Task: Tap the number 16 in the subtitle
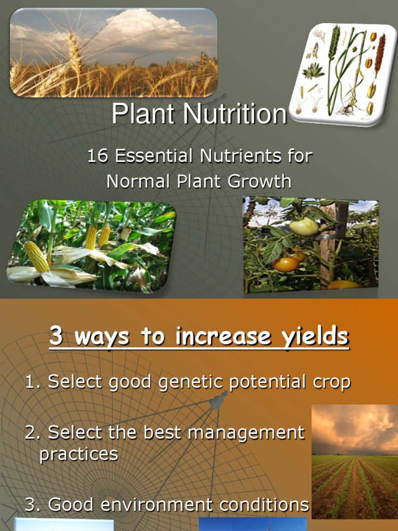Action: coord(97,156)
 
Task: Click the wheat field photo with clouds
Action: coord(113,52)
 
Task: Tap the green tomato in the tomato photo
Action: coord(304,226)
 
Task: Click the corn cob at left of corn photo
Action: coord(37,257)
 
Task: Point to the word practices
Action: coord(79,454)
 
